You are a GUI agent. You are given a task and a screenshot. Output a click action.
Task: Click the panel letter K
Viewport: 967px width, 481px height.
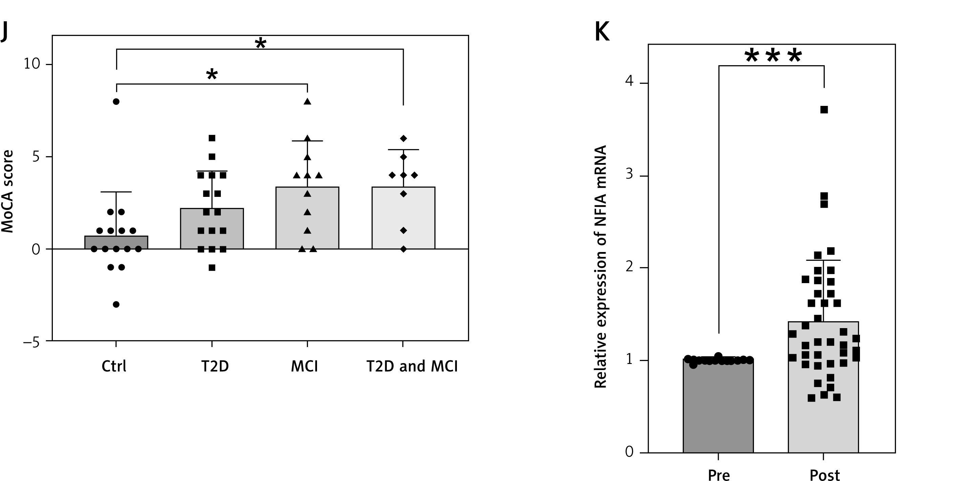point(602,32)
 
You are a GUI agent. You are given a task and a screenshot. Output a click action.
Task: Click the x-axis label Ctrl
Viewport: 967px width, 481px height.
point(114,366)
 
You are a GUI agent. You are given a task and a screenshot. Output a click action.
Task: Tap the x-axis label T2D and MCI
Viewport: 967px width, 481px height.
point(412,366)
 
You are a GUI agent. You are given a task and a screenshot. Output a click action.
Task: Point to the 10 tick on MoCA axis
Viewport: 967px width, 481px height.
point(31,64)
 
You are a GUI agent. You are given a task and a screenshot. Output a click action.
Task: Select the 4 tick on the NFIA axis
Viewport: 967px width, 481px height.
point(630,81)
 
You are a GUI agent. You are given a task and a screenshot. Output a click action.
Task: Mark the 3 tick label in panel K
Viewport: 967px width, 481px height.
point(630,174)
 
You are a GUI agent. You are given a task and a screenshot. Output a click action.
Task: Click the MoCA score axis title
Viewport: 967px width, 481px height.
point(7,191)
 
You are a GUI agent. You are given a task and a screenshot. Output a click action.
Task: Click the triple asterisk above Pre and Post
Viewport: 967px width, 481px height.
point(773,56)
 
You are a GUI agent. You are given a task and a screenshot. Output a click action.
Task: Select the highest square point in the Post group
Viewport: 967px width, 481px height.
point(824,110)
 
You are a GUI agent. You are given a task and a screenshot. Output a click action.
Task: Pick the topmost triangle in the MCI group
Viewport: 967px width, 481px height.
point(308,101)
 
